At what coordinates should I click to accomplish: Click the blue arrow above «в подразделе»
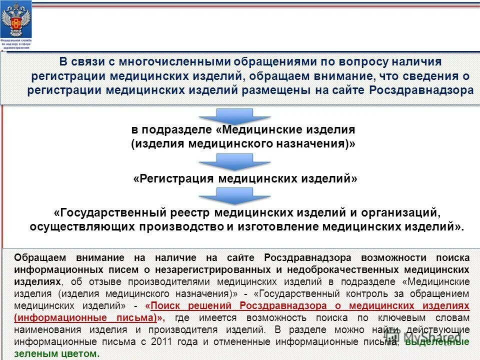pos(234,116)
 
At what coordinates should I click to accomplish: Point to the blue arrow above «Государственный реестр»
pos(234,196)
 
